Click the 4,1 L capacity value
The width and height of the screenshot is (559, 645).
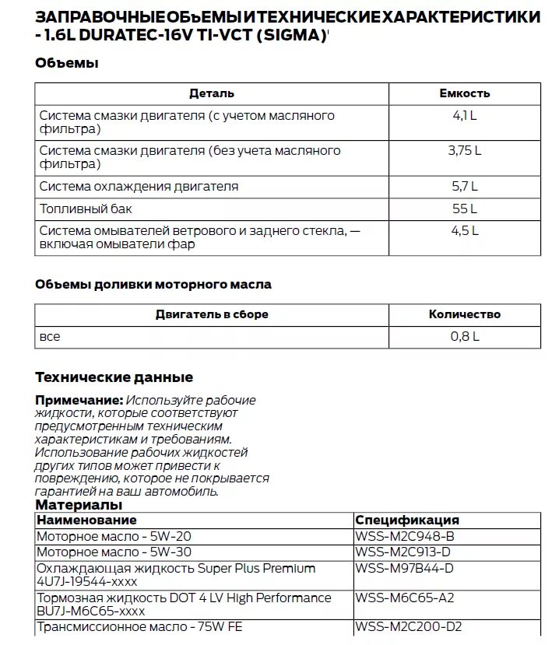464,116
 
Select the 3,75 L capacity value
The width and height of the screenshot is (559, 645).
464,151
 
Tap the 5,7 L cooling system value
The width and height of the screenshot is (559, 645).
464,187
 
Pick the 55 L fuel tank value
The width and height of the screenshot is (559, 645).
464,209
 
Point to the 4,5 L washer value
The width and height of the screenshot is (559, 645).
464,231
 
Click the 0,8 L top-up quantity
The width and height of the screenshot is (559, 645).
464,337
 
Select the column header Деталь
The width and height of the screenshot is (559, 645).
211,93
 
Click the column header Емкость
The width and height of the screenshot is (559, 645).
464,93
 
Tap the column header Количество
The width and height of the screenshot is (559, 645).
464,315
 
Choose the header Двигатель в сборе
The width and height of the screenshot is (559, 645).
211,315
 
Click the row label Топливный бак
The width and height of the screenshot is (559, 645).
86,209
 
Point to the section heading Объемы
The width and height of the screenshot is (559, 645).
66,64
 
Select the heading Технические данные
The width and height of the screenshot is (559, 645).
114,377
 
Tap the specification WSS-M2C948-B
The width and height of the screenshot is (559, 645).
404,536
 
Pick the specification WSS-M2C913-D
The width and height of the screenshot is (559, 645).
404,552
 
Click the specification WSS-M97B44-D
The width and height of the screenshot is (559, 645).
404,568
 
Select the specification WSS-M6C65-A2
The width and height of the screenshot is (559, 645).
404,598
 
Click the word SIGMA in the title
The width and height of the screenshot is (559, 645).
290,36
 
